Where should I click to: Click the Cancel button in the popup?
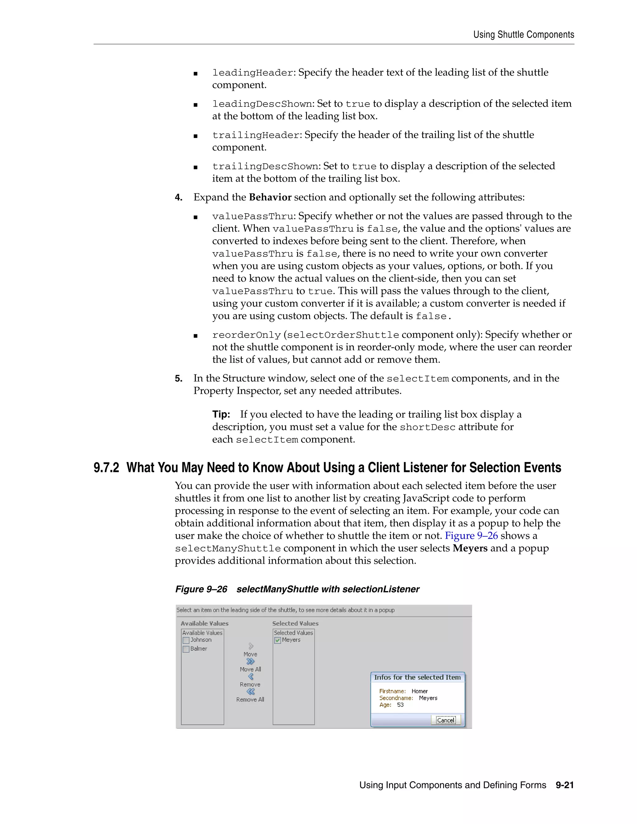pos(446,720)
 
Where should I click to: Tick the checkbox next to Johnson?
pos(186,640)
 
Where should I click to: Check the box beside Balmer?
pos(186,649)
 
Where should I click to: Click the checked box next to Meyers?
pos(278,640)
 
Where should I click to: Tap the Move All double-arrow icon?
pos(250,661)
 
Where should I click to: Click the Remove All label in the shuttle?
pos(250,700)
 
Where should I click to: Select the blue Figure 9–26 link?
pos(471,536)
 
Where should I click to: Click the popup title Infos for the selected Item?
pos(417,677)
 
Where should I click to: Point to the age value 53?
pos(400,705)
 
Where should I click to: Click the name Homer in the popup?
pos(420,691)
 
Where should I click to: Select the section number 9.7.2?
pos(106,468)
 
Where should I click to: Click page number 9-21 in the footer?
pos(565,785)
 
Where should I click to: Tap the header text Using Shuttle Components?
pos(524,35)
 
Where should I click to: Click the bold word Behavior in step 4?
pos(270,197)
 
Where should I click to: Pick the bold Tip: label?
pos(221,414)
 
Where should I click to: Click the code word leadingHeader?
pos(253,73)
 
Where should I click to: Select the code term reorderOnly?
pos(246,335)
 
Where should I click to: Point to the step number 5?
pos(179,378)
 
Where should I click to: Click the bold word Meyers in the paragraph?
pos(470,548)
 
